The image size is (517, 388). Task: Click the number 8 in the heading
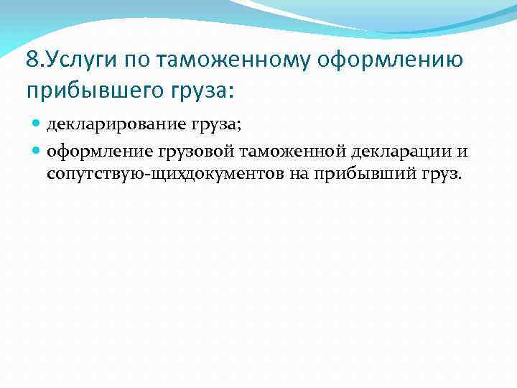pyautogui.click(x=31, y=60)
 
